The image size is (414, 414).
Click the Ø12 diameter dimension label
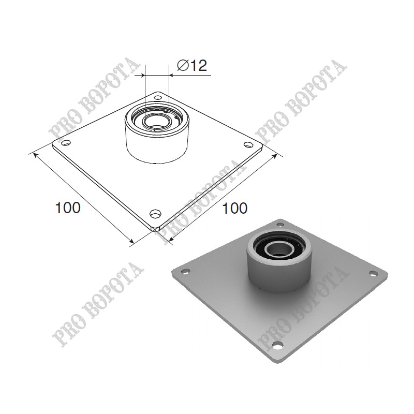pos(192,65)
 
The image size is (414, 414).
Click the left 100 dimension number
pos(68,208)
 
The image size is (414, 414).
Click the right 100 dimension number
pos(235,208)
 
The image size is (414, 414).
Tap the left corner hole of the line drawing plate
pos(66,143)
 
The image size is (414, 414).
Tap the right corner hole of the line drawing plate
pos(248,144)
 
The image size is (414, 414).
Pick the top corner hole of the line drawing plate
pos(158,97)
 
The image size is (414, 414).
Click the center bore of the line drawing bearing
pos(153,122)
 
